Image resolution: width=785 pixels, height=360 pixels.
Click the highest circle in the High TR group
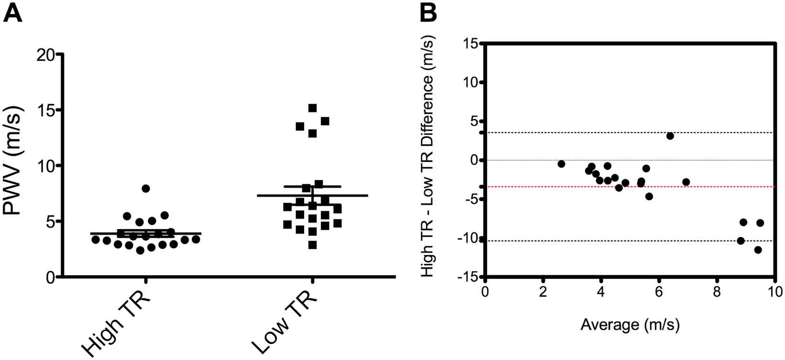click(146, 188)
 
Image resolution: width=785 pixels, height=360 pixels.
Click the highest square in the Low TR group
click(313, 108)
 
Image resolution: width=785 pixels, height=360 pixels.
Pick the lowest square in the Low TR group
click(312, 245)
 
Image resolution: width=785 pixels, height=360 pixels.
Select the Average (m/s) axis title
click(630, 326)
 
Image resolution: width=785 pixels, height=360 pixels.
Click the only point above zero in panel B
click(670, 136)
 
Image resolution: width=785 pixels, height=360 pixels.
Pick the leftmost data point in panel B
click(561, 164)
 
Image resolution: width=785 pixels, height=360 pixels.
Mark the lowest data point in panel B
click(758, 250)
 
